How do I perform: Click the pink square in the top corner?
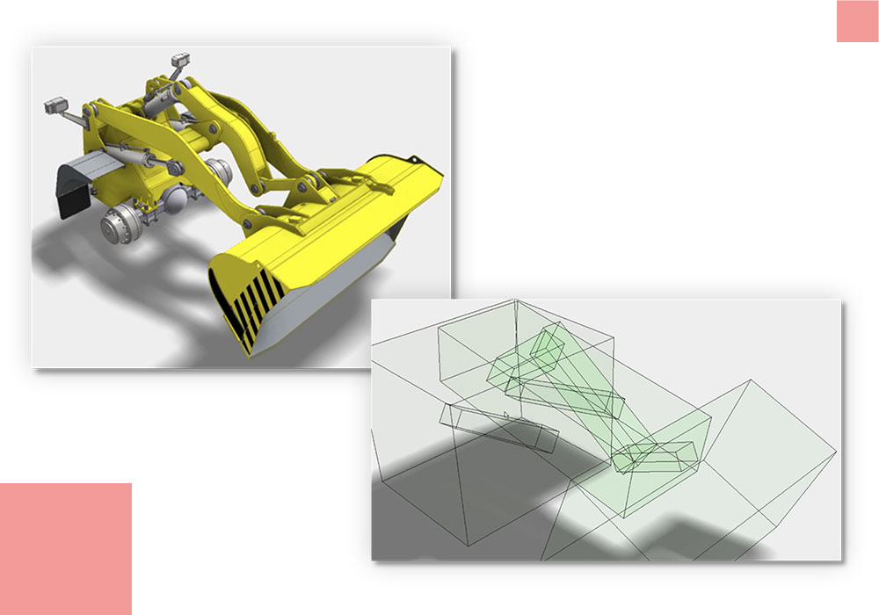[x=857, y=21]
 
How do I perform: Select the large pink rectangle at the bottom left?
[x=66, y=548]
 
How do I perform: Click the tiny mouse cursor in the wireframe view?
[x=506, y=415]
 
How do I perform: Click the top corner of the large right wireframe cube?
[x=748, y=380]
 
